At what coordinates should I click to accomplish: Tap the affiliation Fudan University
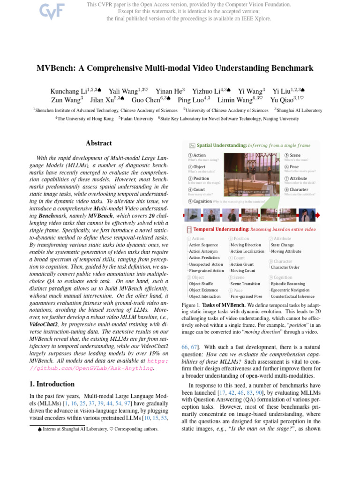(138, 119)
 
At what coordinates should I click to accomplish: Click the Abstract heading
(99, 143)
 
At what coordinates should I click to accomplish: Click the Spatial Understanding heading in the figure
(222, 146)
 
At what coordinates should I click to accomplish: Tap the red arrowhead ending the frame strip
(318, 215)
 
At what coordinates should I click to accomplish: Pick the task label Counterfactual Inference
(292, 296)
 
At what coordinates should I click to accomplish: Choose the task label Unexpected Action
(206, 264)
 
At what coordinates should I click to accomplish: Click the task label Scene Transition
(245, 284)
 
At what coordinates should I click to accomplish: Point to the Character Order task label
(286, 267)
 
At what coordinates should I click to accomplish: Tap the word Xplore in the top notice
(262, 19)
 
